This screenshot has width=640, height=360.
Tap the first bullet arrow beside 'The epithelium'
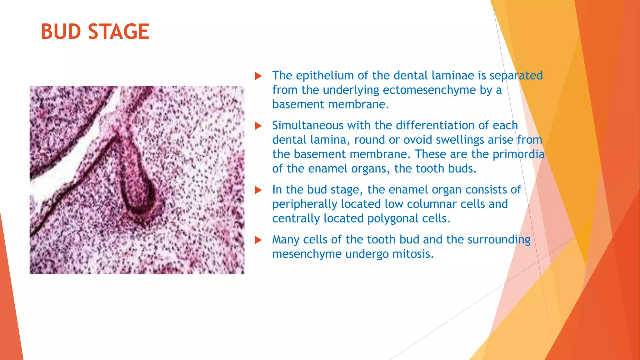coord(258,76)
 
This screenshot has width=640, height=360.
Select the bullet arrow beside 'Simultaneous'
coord(258,126)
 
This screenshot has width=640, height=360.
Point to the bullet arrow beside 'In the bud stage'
coord(258,190)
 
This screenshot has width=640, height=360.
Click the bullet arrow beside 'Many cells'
coord(258,240)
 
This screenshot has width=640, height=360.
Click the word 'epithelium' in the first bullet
coord(325,76)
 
